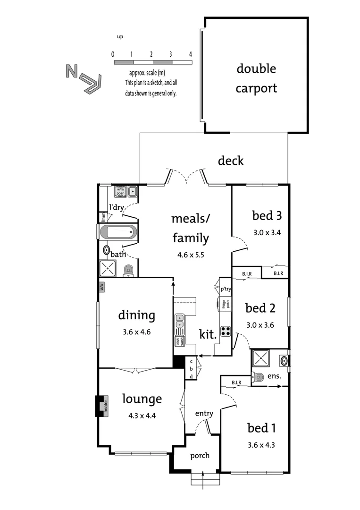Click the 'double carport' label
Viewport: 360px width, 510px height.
tap(256, 78)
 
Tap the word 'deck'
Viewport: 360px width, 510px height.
tap(231, 161)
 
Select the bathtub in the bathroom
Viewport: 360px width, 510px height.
tap(118, 232)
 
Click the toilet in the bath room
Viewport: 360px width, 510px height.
tap(128, 270)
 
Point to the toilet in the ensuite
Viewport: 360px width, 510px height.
tap(258, 377)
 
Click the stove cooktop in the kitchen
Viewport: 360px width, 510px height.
tap(226, 331)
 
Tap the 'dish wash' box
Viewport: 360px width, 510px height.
tap(179, 341)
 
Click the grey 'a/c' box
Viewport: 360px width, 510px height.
tap(101, 286)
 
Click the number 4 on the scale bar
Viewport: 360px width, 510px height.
tap(191, 54)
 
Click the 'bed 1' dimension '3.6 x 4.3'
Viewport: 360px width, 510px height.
tap(261, 444)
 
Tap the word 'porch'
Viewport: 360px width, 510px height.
tap(200, 456)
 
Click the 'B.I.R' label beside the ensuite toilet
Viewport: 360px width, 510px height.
tap(237, 382)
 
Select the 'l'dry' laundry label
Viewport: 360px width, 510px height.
tap(116, 207)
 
